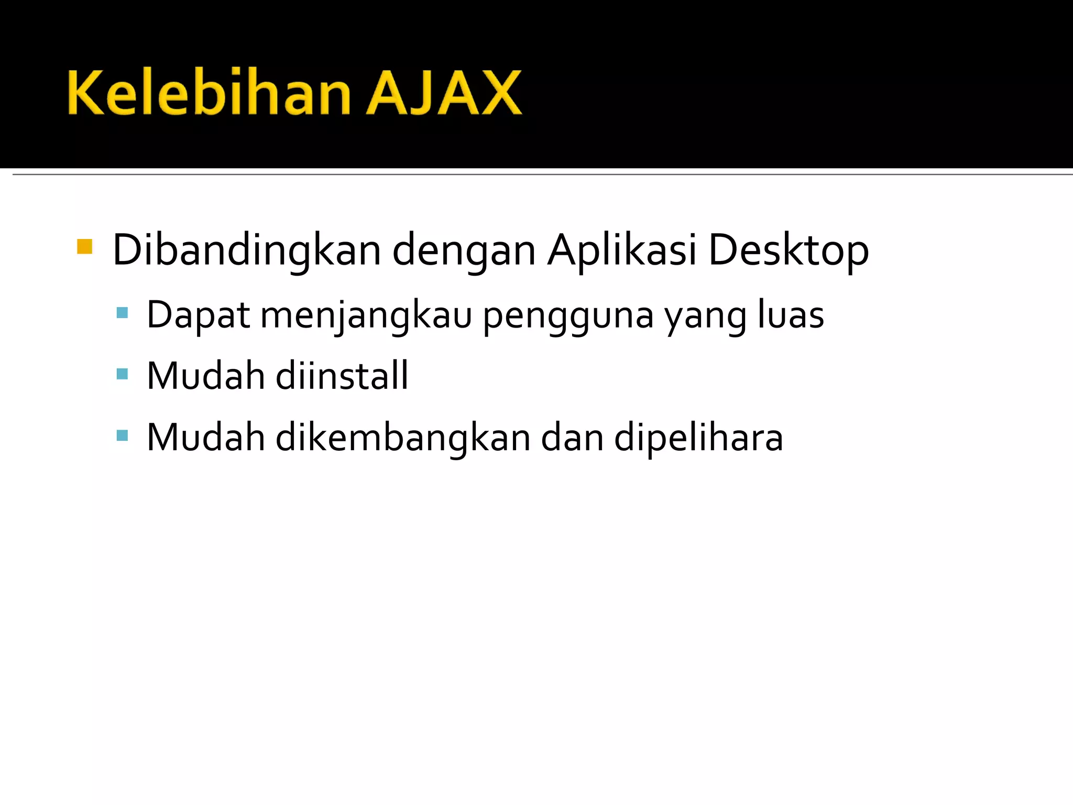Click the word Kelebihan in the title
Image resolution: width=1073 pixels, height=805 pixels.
209,93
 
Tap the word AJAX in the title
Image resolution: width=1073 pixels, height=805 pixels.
444,93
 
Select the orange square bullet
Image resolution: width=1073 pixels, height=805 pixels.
84,246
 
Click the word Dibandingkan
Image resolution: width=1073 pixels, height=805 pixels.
246,251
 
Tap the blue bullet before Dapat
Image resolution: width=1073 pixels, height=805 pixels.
122,313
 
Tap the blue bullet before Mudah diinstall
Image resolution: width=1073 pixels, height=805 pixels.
122,374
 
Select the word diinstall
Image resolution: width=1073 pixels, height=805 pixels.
342,375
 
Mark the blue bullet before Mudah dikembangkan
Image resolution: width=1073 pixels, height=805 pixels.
122,435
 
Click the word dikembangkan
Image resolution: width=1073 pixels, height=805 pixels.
403,437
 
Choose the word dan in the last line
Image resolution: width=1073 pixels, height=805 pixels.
572,437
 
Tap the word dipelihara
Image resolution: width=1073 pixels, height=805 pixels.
698,438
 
